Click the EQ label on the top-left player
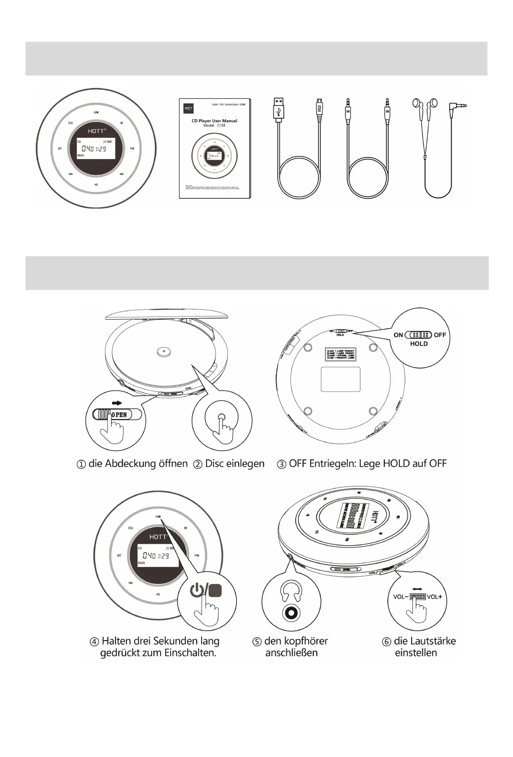(70, 123)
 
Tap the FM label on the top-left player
(132, 148)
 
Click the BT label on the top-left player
(60, 148)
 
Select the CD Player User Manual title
(215, 120)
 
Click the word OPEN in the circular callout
(119, 415)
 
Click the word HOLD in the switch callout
(419, 344)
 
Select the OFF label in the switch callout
(440, 335)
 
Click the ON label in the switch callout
(398, 335)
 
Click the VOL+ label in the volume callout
(434, 597)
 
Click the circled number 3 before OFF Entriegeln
(282, 464)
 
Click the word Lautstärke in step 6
(432, 641)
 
